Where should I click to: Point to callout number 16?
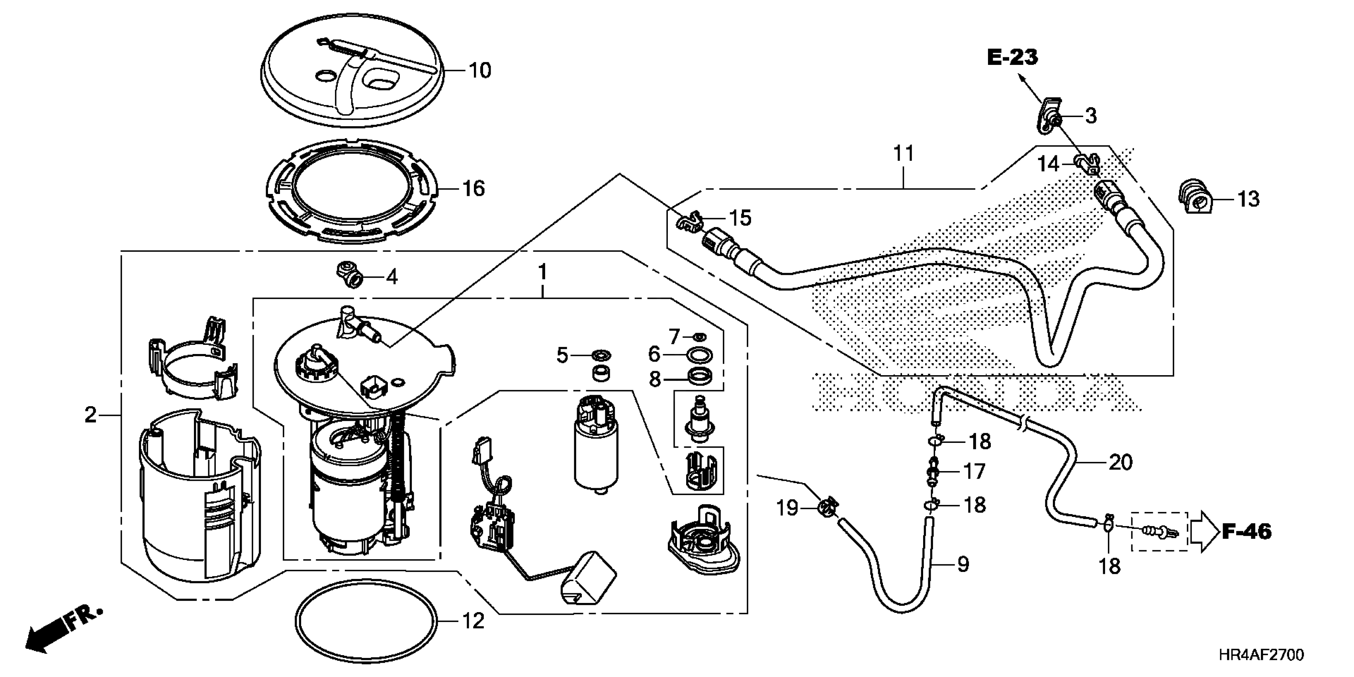(x=473, y=188)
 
